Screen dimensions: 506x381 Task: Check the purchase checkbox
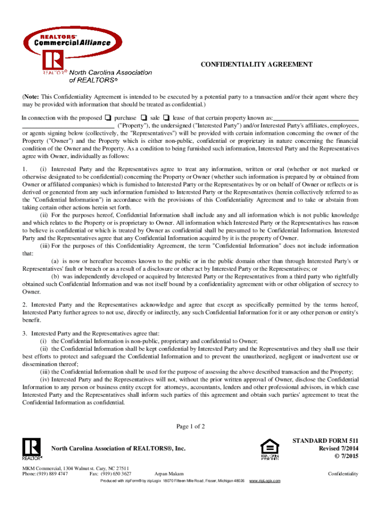point(107,118)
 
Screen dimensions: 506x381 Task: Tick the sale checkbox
point(143,118)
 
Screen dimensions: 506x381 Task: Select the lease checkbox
point(166,118)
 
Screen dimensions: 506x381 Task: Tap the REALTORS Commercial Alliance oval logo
point(72,40)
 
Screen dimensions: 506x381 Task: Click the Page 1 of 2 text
point(190,426)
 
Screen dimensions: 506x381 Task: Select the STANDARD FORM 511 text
point(325,440)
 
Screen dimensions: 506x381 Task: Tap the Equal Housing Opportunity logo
point(270,449)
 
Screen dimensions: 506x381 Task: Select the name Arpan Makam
point(169,474)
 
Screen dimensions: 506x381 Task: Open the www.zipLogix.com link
point(265,481)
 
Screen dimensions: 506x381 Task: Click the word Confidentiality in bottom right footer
point(343,474)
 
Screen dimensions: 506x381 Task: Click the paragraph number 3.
point(24,334)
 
